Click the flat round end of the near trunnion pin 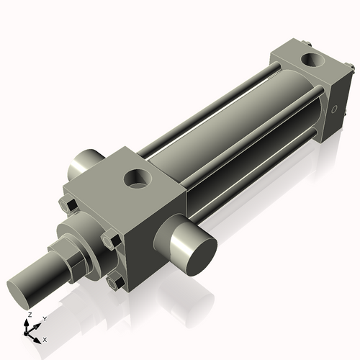click(x=197, y=251)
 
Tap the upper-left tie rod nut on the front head click(x=69, y=204)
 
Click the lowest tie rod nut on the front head click(x=113, y=283)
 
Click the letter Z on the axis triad click(x=28, y=315)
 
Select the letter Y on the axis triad click(x=44, y=318)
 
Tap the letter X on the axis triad click(x=45, y=339)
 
